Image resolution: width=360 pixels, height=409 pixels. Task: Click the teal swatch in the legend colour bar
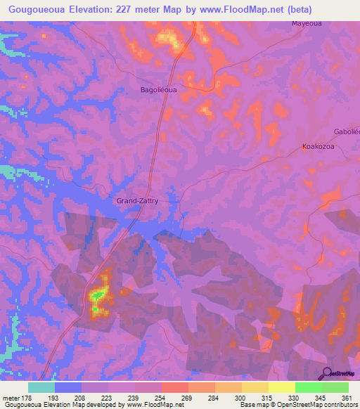tap(41, 387)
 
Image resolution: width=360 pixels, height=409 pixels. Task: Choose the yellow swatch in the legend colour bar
tap(281, 387)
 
